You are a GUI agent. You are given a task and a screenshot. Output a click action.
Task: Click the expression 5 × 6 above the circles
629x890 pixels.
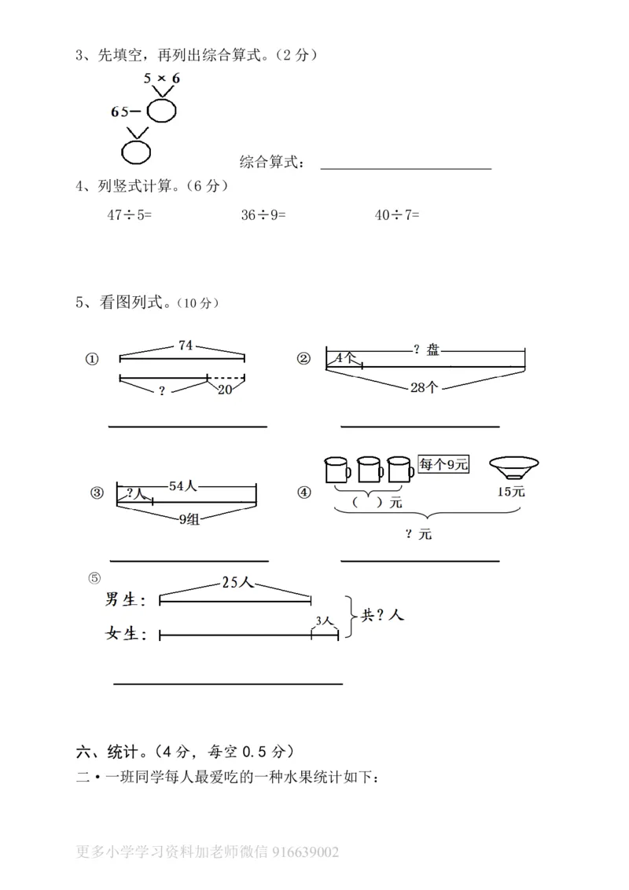pos(162,79)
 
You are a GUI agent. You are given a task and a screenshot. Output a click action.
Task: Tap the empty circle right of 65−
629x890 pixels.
pos(162,112)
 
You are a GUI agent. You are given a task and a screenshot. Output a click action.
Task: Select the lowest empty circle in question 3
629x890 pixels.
pos(134,150)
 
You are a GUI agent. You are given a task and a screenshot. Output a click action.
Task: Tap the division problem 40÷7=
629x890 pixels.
pos(397,214)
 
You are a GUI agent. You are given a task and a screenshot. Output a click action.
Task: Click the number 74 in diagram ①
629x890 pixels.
pos(186,345)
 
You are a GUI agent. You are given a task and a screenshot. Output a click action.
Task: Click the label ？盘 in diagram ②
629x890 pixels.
pos(426,350)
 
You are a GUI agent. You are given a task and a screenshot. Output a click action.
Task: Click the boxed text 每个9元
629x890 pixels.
pos(443,464)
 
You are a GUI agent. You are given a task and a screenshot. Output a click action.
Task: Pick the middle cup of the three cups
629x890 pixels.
pos(370,470)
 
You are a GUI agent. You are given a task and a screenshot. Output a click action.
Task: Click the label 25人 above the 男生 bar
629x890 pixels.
pos(236,583)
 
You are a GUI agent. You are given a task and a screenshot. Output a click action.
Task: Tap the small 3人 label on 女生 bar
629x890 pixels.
pos(324,621)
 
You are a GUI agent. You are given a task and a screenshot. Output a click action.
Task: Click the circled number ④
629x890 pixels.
pos(304,493)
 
